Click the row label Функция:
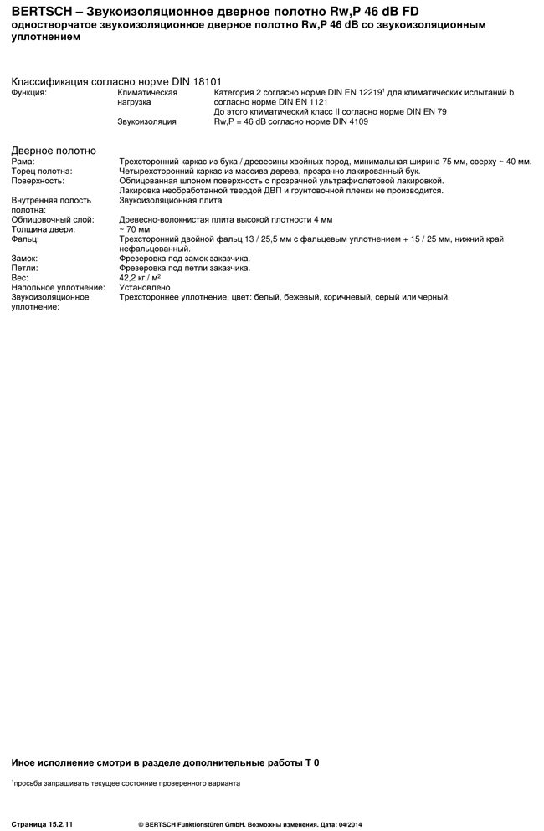pyautogui.click(x=29, y=92)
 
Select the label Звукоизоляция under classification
pyautogui.click(x=146, y=121)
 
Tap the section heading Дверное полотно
pyautogui.click(x=54, y=151)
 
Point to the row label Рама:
pyautogui.click(x=23, y=162)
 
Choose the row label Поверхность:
pyautogui.click(x=38, y=181)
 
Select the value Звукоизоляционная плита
pyautogui.click(x=171, y=201)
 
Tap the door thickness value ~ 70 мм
pyautogui.click(x=135, y=229)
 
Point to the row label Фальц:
pyautogui.click(x=26, y=239)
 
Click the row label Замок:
pyautogui.click(x=24, y=259)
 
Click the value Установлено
pyautogui.click(x=145, y=287)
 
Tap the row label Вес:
pyautogui.click(x=20, y=277)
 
